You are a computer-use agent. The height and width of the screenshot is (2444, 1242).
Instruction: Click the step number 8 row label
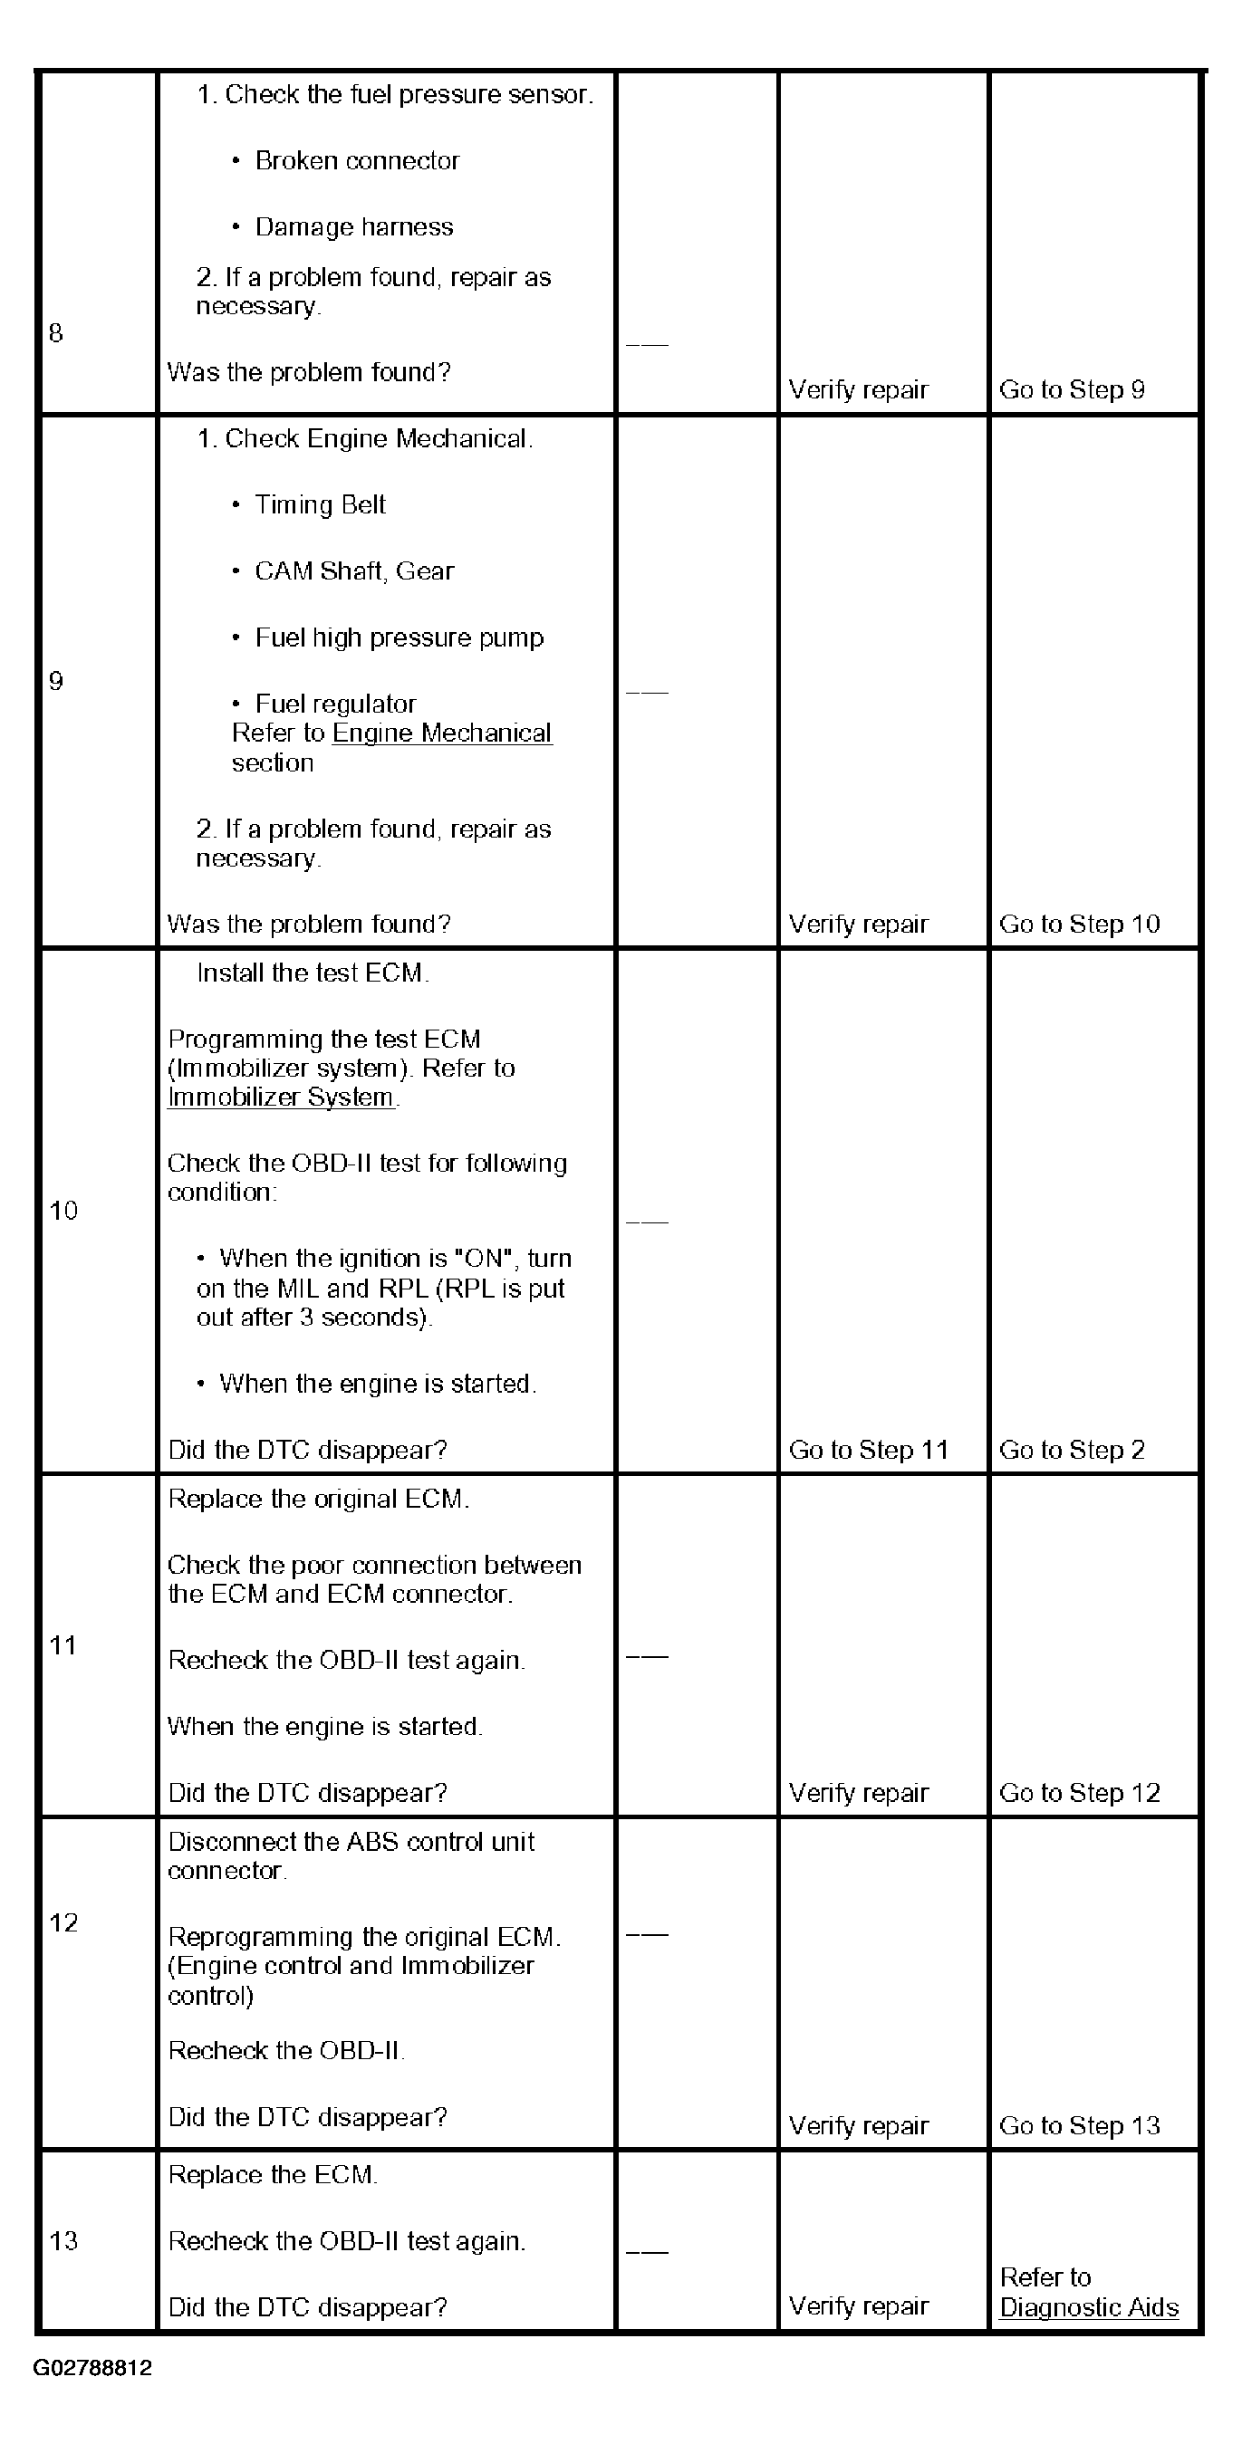pos(56,333)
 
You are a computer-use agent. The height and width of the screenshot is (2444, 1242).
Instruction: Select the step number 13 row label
pos(63,2240)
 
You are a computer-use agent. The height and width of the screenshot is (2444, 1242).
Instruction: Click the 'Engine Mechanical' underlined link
pos(441,733)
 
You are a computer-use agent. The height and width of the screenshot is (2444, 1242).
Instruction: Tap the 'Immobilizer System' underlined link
pos(281,1097)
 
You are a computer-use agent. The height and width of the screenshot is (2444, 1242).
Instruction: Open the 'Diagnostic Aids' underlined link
pos(1088,2307)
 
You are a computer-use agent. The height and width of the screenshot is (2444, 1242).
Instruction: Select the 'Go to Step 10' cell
pos(1079,925)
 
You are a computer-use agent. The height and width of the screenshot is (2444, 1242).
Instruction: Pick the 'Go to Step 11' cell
pos(868,1450)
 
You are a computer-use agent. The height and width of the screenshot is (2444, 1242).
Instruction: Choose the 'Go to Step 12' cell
pos(1079,1792)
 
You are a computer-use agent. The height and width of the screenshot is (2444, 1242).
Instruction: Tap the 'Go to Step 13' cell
pos(1079,2125)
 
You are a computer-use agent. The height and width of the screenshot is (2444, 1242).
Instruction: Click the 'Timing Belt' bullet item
pos(320,504)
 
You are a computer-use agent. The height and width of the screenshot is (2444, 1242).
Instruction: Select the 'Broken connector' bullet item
pos(357,161)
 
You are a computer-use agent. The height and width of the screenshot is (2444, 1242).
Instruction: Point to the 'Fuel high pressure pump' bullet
pos(399,637)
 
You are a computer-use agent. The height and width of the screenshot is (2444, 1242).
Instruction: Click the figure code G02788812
pos(92,2368)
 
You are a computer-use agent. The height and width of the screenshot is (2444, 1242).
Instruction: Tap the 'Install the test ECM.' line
pos(313,973)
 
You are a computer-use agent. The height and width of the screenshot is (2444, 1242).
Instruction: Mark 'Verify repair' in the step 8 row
pos(858,390)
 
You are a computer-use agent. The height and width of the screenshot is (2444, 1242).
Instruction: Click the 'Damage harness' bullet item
pos(354,227)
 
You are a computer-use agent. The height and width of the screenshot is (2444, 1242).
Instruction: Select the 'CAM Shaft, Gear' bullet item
pos(354,571)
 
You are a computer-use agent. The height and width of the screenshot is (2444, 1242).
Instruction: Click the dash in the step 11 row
pos(647,1657)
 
